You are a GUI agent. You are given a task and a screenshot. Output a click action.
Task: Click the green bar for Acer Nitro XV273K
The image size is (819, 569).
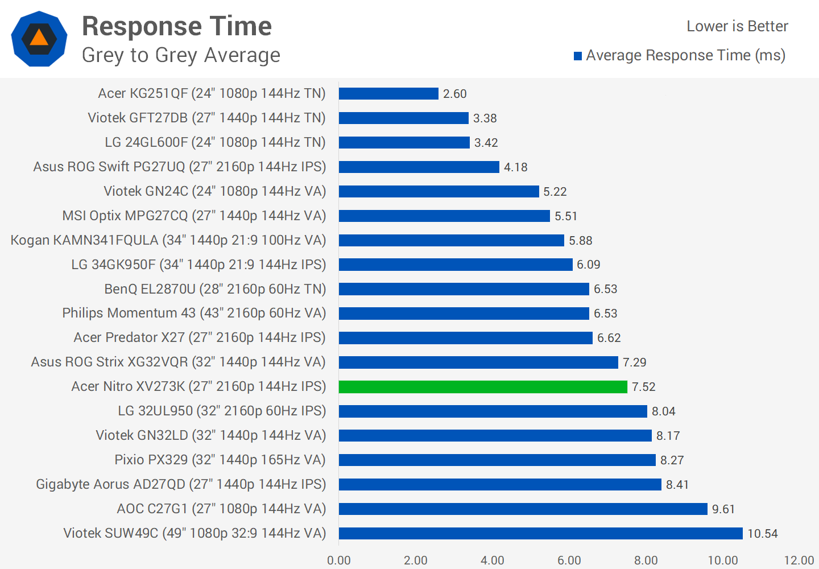pyautogui.click(x=483, y=387)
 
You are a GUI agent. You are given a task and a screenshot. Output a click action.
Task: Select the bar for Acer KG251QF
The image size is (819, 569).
pyautogui.click(x=388, y=94)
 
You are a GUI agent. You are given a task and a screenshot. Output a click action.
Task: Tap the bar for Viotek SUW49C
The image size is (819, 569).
pyautogui.click(x=541, y=534)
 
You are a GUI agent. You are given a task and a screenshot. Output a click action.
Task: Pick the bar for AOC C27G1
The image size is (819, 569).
pyautogui.click(x=523, y=509)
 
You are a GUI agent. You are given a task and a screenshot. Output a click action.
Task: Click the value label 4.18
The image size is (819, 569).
pyautogui.click(x=516, y=167)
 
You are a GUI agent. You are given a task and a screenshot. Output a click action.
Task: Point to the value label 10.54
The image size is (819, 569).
pyautogui.click(x=763, y=534)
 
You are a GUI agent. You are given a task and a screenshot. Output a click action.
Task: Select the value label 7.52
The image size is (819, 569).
pyautogui.click(x=644, y=387)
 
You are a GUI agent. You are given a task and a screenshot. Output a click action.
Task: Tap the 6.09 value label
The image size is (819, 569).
pyautogui.click(x=589, y=265)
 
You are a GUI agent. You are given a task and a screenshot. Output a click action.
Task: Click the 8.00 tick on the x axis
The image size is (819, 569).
pyautogui.click(x=646, y=560)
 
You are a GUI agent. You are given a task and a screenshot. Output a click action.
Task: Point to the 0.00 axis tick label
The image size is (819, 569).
pyautogui.click(x=339, y=560)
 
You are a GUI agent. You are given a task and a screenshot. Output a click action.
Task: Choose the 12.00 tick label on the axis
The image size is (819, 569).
pyautogui.click(x=799, y=560)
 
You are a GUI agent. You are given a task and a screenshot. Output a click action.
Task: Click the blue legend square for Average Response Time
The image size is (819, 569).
pyautogui.click(x=578, y=56)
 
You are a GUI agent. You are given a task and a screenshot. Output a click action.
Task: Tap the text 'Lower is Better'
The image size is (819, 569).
pyautogui.click(x=737, y=26)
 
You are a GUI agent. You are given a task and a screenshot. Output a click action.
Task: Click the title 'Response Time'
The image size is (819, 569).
pyautogui.click(x=177, y=26)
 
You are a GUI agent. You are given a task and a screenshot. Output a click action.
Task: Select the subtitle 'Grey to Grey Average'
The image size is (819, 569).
pyautogui.click(x=181, y=55)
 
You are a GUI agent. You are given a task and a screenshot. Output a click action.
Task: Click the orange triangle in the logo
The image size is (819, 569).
pyautogui.click(x=39, y=38)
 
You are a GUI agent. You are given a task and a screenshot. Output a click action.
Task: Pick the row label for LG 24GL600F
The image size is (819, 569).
pyautogui.click(x=215, y=142)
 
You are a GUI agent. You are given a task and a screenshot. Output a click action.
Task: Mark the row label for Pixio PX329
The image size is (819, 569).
pyautogui.click(x=220, y=460)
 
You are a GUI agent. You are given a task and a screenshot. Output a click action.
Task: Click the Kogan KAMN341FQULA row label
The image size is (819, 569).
pyautogui.click(x=168, y=240)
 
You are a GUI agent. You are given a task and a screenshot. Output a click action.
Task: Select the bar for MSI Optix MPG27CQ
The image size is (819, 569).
pyautogui.click(x=444, y=216)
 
